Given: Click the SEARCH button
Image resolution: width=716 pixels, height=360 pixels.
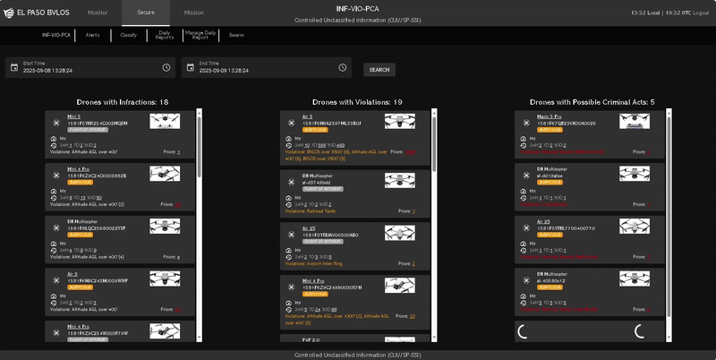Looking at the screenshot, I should (379, 69).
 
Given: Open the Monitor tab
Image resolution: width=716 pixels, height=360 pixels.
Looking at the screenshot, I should (98, 13).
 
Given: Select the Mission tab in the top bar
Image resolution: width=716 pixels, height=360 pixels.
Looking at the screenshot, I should (193, 13).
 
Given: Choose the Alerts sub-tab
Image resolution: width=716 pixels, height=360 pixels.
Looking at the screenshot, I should (92, 36).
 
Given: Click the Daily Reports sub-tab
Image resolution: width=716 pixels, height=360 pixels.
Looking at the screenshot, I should (165, 36).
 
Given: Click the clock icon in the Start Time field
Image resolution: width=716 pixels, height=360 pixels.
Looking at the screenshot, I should (166, 68).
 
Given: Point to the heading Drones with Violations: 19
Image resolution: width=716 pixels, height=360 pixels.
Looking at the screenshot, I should (357, 102).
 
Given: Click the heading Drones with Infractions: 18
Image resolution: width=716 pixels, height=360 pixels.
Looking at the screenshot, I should (123, 102).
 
